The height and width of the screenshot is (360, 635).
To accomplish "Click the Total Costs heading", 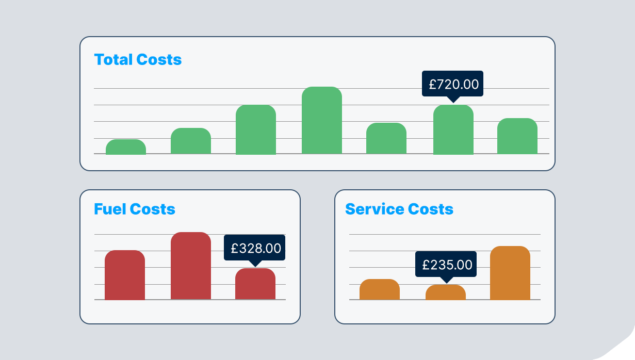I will [138, 60].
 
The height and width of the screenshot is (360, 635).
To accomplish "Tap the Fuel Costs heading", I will [134, 209].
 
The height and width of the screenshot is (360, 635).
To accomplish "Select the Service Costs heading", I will [399, 209].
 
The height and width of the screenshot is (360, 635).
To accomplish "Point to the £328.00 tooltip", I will [255, 248].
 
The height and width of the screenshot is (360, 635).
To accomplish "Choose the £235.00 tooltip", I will [447, 265].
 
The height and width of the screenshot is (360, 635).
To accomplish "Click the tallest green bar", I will [322, 121].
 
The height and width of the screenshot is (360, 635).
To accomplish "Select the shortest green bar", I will [126, 147].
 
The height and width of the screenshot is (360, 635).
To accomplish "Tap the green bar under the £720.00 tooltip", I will [453, 130].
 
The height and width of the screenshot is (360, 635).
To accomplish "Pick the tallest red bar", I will [191, 266].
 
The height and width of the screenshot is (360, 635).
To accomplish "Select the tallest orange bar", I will [510, 273].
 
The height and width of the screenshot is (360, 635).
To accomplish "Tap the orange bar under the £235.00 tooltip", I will [446, 292].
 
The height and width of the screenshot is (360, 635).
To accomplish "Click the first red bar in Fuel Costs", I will [125, 275].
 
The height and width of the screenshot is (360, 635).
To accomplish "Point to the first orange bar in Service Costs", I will [380, 289].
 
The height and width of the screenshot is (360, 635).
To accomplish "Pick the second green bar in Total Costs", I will [191, 141].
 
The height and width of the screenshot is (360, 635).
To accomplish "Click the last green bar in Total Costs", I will [517, 136].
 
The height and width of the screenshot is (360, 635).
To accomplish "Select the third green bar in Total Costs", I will [256, 130].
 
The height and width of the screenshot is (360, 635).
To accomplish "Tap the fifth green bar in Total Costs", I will [386, 139].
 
